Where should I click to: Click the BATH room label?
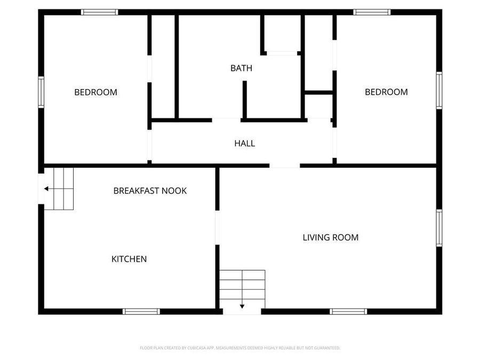(241, 68)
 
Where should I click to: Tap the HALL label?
(244, 143)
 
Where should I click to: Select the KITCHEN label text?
(129, 259)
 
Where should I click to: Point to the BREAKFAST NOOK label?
(150, 191)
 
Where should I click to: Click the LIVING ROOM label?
(331, 237)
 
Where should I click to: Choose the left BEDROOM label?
(95, 92)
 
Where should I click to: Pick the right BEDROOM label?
(386, 92)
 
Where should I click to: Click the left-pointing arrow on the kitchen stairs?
(47, 188)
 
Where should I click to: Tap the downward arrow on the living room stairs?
(242, 306)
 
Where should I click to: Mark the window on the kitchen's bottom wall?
(141, 311)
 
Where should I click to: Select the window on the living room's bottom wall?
(348, 311)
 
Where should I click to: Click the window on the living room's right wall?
(439, 228)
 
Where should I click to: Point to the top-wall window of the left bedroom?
(99, 12)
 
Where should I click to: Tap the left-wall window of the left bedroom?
(41, 92)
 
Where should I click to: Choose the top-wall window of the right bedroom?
(372, 12)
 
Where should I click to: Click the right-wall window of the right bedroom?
(439, 91)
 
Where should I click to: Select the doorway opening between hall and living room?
(284, 166)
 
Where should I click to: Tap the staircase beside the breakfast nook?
(59, 188)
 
